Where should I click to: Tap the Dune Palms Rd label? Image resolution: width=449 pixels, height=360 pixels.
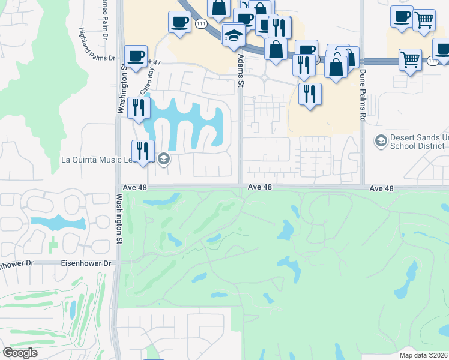click(363, 103)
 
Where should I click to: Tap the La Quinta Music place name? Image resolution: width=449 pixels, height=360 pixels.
click(106, 160)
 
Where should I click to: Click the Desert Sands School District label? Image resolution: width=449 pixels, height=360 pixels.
click(419, 142)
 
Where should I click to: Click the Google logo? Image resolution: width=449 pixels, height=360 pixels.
click(20, 353)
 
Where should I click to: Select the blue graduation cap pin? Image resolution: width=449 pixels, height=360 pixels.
click(233, 35)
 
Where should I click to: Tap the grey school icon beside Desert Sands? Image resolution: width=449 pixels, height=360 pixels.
click(380, 141)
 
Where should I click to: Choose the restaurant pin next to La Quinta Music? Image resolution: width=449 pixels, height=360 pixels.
click(142, 151)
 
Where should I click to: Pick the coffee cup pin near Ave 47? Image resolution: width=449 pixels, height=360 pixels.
click(136, 56)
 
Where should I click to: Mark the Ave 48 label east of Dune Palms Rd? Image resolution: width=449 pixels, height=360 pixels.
click(381, 188)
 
